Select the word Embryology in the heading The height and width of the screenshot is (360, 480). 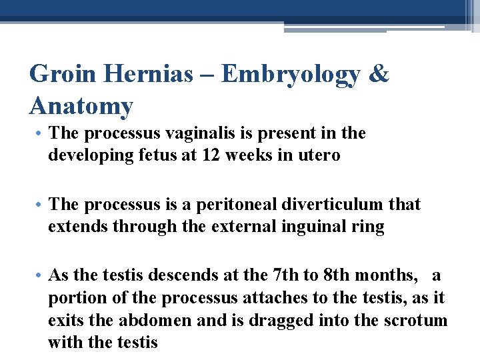290,75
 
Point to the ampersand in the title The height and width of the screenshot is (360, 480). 378,74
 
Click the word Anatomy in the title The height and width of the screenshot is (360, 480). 81,105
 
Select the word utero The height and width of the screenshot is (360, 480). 319,155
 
